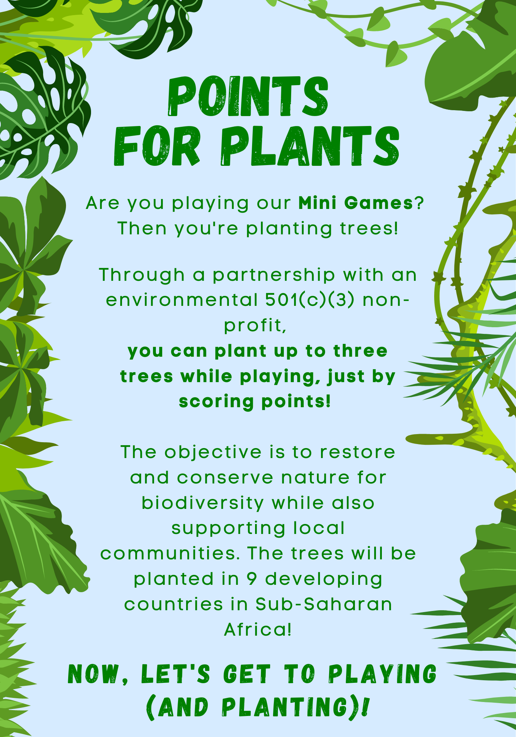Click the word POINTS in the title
pyautogui.click(x=248, y=97)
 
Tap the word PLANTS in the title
pyautogui.click(x=310, y=146)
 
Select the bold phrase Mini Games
pyautogui.click(x=356, y=203)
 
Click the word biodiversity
pyautogui.click(x=203, y=503)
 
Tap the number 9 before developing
pyautogui.click(x=251, y=579)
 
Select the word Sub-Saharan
pyautogui.click(x=324, y=604)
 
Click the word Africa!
pyautogui.click(x=258, y=630)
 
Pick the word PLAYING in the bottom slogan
pyautogui.click(x=382, y=674)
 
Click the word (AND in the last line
pyautogui.click(x=177, y=707)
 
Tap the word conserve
pyautogui.click(x=225, y=478)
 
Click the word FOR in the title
pyautogui.click(x=157, y=146)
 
